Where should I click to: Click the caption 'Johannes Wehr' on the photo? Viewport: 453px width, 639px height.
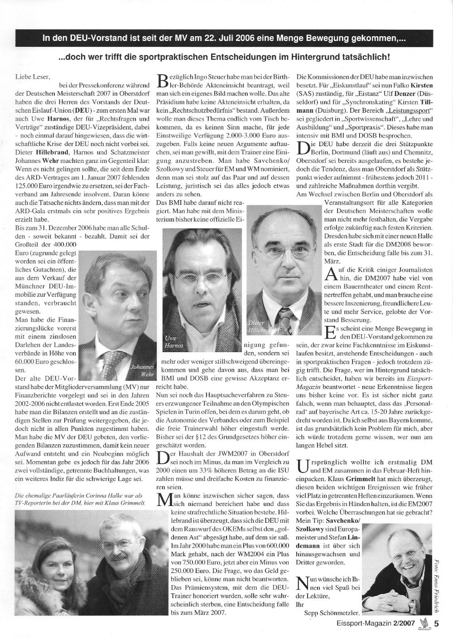[142, 371]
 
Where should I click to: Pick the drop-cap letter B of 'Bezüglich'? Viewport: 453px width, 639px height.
[163, 81]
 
